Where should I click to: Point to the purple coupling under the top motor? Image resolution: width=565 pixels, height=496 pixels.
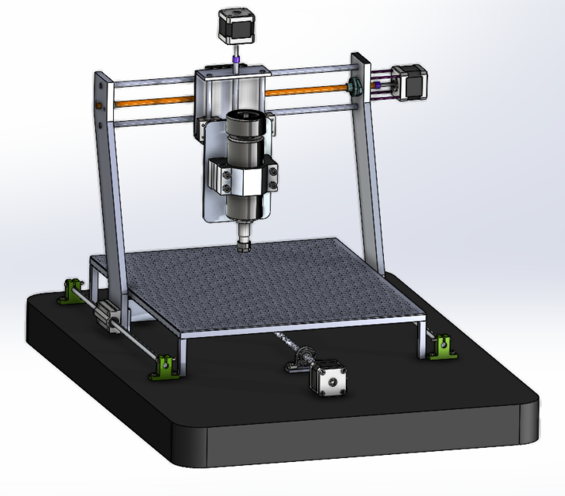235,59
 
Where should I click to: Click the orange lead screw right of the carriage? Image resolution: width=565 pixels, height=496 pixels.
310,91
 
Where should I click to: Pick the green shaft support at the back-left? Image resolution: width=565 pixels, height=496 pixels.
73,291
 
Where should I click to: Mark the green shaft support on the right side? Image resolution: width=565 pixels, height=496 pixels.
444,346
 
